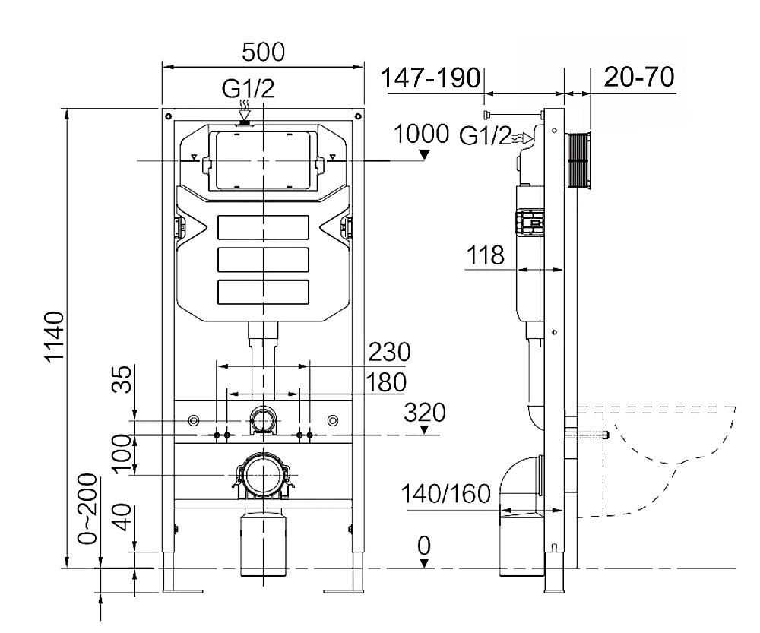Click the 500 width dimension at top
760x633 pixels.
[x=263, y=52]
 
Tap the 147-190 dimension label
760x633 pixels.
[x=431, y=79]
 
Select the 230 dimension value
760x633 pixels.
[x=389, y=353]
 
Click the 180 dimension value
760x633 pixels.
[x=385, y=381]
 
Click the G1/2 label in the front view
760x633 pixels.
[x=247, y=90]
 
